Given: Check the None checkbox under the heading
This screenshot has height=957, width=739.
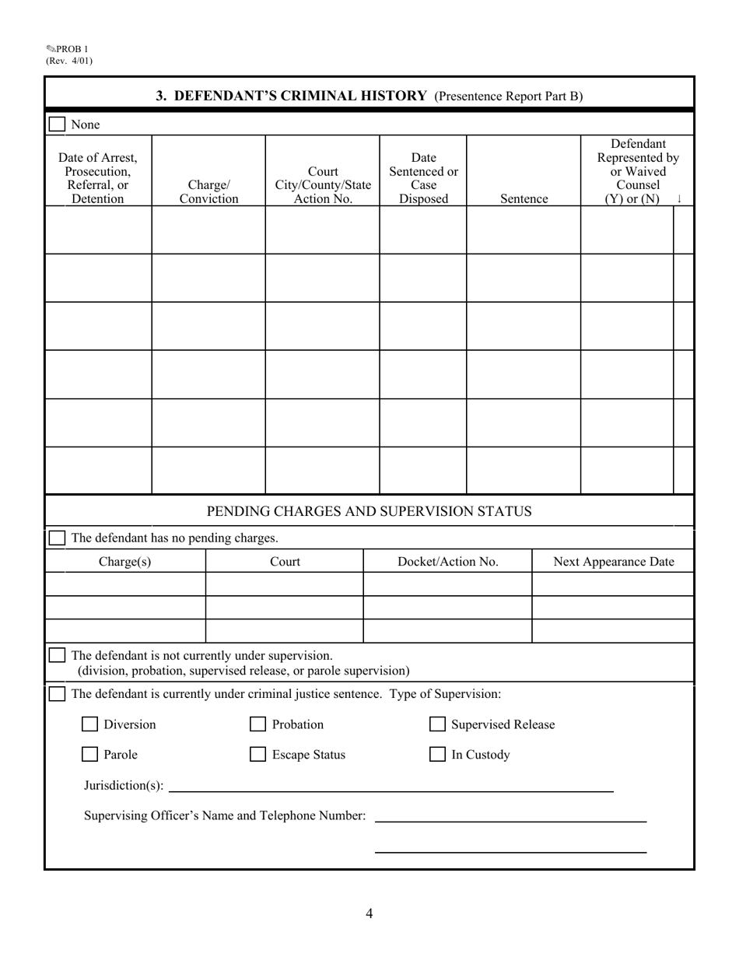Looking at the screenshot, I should click(57, 124).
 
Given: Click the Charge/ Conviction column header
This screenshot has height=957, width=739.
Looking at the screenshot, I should click(208, 192).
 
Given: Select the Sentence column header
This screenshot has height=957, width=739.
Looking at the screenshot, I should click(524, 198).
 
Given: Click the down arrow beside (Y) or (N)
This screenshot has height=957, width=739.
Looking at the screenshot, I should click(679, 198).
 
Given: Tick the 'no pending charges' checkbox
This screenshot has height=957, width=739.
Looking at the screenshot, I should click(57, 538).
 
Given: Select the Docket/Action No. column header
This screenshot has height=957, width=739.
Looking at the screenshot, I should click(447, 562).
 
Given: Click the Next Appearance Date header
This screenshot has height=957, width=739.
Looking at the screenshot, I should click(613, 562).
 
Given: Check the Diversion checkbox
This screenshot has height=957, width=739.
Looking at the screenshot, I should click(90, 725).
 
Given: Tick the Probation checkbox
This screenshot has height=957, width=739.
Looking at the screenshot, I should click(257, 725).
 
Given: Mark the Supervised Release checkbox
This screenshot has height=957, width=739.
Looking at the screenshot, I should click(438, 725).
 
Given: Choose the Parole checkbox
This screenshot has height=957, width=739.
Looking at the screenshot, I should click(90, 755).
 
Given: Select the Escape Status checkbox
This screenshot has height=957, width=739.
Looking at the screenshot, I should click(257, 755).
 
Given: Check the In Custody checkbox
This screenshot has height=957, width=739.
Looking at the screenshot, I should click(438, 755).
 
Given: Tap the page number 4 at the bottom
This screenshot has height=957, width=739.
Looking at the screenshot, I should click(369, 913).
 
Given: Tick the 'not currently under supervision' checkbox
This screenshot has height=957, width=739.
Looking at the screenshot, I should click(57, 655).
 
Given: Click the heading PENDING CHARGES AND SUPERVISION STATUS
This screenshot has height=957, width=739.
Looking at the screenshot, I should click(369, 511).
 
